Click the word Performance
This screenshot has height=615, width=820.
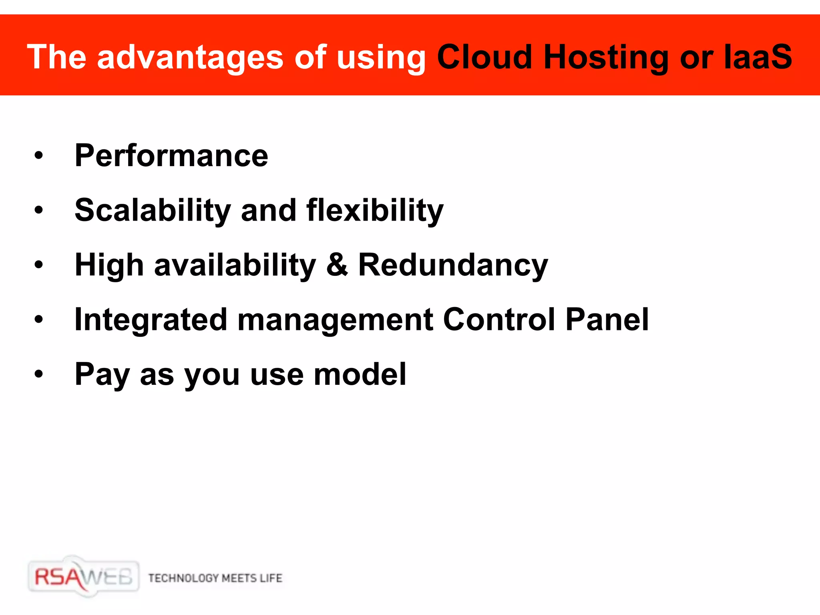(x=171, y=155)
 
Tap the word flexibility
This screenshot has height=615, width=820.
(x=375, y=210)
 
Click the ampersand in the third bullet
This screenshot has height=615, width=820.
(x=337, y=265)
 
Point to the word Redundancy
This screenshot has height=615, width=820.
(x=453, y=265)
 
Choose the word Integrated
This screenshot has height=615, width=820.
(x=151, y=320)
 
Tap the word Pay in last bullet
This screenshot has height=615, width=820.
(x=102, y=374)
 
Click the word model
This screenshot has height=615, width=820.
(x=360, y=374)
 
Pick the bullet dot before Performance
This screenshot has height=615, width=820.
(x=38, y=155)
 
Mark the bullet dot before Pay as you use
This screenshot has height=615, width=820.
(x=38, y=374)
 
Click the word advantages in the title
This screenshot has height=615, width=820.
(x=190, y=57)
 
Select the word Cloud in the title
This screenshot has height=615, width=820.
(x=485, y=57)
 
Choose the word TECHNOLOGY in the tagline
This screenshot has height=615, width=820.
(x=183, y=578)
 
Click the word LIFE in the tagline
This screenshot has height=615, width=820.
(x=271, y=578)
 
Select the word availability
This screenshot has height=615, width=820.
(x=235, y=265)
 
